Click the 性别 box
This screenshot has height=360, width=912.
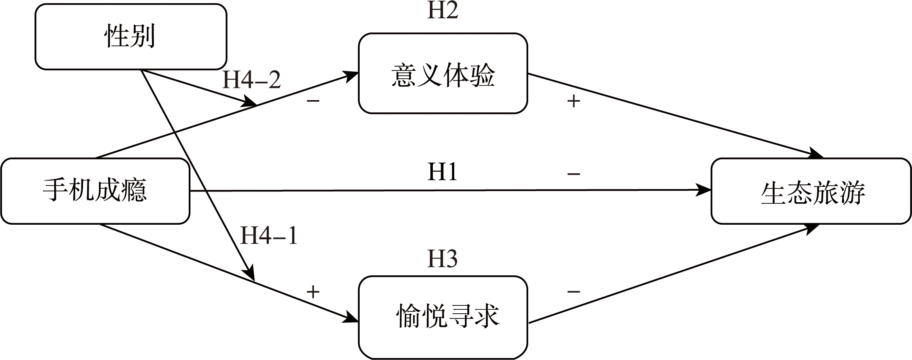(x=131, y=37)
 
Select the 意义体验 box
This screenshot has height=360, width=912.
(x=443, y=74)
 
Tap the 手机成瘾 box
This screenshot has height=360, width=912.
(x=95, y=191)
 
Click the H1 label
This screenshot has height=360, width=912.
(x=442, y=172)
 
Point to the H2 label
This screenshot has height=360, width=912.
(x=442, y=10)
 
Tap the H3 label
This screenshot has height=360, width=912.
(x=442, y=259)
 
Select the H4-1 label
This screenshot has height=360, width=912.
(x=269, y=236)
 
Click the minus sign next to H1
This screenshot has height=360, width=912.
(x=573, y=174)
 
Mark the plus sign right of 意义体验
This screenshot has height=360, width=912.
(x=573, y=102)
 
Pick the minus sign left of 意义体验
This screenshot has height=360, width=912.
(x=313, y=101)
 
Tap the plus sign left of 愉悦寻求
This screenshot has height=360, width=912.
(x=313, y=292)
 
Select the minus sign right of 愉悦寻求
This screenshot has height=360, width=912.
(x=573, y=292)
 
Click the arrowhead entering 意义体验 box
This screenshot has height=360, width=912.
(x=351, y=75)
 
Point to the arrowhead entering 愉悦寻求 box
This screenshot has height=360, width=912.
(x=351, y=318)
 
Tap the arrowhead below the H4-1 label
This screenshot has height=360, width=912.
(x=249, y=273)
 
